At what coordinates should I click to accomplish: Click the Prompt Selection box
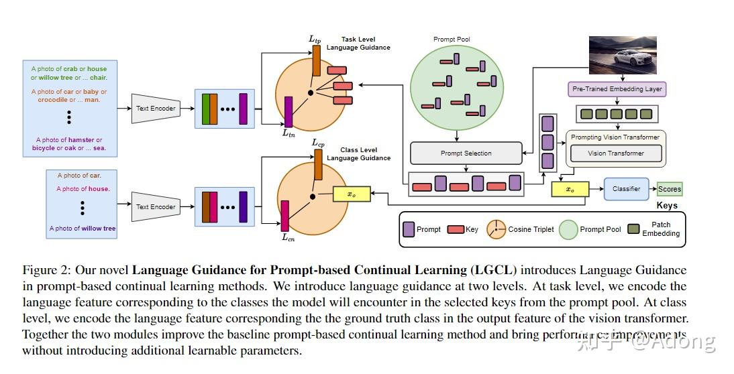(466, 153)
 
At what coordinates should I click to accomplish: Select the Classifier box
(626, 189)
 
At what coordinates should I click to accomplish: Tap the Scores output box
(669, 190)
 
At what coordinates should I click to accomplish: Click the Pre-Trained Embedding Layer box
(617, 88)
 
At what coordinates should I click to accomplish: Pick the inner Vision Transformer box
(615, 153)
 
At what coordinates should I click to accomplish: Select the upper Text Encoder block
(156, 109)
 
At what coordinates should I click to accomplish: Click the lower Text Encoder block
(156, 207)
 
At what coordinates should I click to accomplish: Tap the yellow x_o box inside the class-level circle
(351, 194)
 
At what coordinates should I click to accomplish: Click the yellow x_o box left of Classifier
(570, 190)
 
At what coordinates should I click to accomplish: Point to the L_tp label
(315, 40)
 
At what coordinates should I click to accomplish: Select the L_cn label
(288, 237)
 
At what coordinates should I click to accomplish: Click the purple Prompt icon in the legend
(407, 229)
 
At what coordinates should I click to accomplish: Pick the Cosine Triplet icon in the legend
(496, 229)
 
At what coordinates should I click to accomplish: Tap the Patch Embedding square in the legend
(633, 229)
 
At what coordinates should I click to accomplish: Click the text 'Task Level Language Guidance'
(358, 44)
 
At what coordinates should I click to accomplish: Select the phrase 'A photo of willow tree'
(83, 229)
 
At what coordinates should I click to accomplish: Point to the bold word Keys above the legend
(667, 206)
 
